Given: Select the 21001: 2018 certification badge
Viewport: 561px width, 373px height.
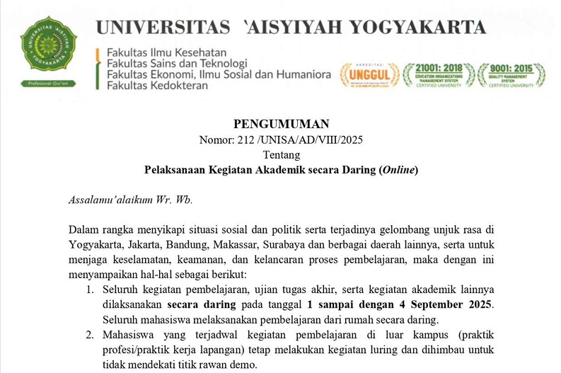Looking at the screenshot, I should coord(439,74).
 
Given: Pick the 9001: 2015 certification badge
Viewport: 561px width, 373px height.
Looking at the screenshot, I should coord(511,74).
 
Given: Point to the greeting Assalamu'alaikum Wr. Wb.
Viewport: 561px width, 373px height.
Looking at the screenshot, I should coord(130,200).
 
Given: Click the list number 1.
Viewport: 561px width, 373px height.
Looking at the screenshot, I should coord(90,289).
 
